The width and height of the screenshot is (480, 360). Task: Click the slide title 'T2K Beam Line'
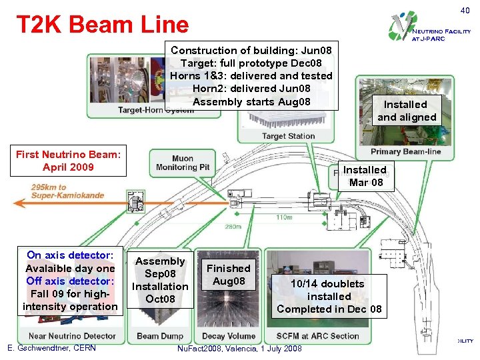103,25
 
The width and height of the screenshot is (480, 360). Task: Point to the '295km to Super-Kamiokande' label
58,190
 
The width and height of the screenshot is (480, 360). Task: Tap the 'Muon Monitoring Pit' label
182,163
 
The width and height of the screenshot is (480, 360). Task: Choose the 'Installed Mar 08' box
364,176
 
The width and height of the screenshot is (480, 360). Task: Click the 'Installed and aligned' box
407,111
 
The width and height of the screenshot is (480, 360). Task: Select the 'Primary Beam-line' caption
405,151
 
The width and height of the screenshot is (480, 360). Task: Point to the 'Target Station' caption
288,136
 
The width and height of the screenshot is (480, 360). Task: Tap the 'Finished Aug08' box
228,275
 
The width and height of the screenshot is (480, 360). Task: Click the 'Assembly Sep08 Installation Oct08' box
160,280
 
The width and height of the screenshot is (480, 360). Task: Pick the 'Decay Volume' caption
228,336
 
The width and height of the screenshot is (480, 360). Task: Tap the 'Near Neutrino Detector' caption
73,336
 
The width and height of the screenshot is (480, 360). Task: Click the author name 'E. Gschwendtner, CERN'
51,348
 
